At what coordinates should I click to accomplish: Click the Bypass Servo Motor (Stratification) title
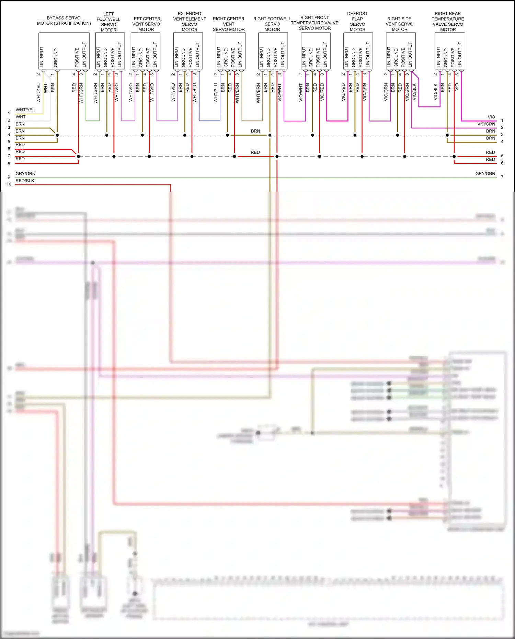[x=64, y=21]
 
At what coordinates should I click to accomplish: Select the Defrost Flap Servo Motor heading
[x=357, y=22]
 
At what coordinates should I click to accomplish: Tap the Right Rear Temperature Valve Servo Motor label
[x=448, y=22]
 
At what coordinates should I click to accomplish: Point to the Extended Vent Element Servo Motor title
[x=190, y=22]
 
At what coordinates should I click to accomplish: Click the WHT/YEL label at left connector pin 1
[x=25, y=110]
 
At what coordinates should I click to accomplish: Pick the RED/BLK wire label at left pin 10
[x=25, y=181]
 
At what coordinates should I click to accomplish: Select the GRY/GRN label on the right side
[x=485, y=174]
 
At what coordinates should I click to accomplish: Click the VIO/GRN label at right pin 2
[x=486, y=124]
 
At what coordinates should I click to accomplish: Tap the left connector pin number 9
[x=9, y=177]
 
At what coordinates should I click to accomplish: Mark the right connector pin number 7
[x=502, y=177]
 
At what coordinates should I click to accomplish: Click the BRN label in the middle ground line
[x=255, y=131]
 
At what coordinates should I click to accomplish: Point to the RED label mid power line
[x=255, y=152]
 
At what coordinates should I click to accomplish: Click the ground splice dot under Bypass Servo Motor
[x=57, y=135]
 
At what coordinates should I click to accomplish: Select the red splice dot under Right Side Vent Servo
[x=404, y=157]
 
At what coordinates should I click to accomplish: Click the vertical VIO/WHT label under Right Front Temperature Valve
[x=301, y=93]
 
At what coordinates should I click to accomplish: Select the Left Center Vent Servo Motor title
[x=146, y=24]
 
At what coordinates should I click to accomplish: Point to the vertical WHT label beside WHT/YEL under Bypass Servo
[x=45, y=89]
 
